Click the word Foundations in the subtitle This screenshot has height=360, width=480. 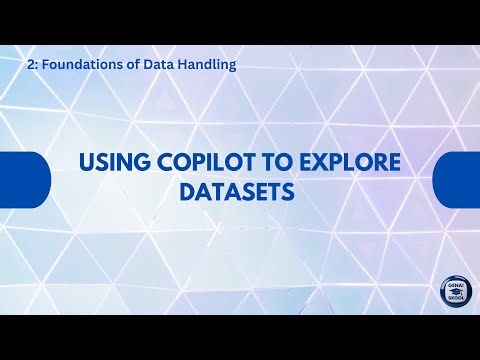(77, 63)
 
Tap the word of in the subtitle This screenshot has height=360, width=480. (125, 63)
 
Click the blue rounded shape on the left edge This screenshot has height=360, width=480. (22, 179)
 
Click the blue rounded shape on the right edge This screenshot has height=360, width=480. (457, 179)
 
